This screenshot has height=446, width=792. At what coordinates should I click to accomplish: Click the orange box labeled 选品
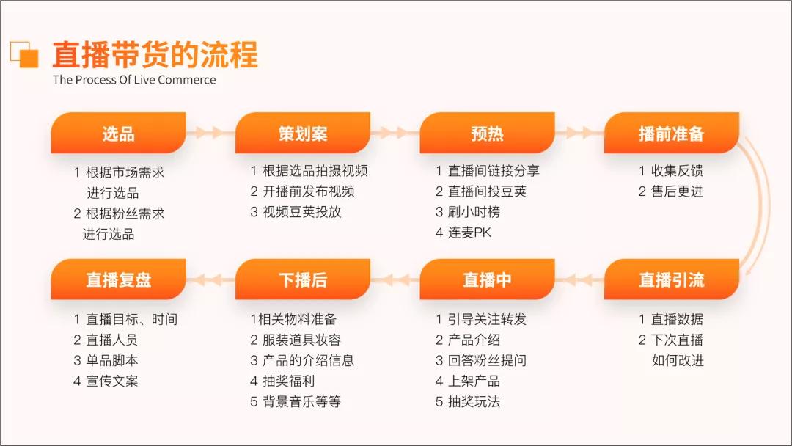tap(118, 133)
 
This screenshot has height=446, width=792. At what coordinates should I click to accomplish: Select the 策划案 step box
tap(302, 133)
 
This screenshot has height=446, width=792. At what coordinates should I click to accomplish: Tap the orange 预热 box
tap(487, 133)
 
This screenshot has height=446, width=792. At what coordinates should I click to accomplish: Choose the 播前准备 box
tap(671, 133)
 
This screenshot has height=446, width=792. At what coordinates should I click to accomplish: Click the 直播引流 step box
tap(671, 279)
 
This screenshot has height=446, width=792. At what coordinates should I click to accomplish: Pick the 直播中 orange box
tap(487, 279)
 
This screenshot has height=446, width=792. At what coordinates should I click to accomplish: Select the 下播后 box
tap(302, 279)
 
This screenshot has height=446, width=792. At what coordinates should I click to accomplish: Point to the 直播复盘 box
tap(118, 279)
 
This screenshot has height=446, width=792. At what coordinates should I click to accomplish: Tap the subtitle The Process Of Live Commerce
tap(134, 80)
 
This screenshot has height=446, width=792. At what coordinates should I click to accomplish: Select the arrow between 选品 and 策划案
tap(210, 133)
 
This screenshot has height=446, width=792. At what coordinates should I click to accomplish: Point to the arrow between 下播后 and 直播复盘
tap(210, 279)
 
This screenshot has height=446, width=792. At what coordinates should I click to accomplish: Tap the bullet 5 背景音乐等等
tap(296, 401)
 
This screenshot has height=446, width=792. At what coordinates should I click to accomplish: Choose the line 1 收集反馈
tap(671, 171)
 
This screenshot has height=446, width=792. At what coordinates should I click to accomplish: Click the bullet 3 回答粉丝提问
tap(481, 360)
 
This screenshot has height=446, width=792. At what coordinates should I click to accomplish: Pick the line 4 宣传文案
tap(106, 381)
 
